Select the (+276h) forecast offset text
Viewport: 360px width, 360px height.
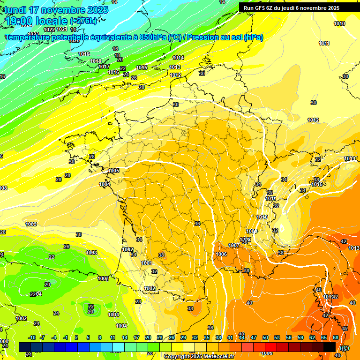pyautogui.click(x=84, y=21)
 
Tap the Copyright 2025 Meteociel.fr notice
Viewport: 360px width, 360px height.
pyautogui.click(x=199, y=356)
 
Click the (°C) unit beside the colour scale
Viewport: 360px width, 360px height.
pyautogui.click(x=345, y=348)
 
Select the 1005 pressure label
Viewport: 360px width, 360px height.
pyautogui.click(x=113, y=171)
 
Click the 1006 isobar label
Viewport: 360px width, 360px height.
pyautogui.click(x=221, y=254)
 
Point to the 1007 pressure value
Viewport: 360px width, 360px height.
pyautogui.click(x=234, y=245)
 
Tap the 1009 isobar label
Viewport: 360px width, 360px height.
pyautogui.click(x=252, y=231)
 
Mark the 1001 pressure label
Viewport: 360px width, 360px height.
pyautogui.click(x=147, y=263)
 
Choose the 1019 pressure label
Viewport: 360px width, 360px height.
pyautogui.click(x=84, y=54)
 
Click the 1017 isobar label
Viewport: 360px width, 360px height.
pyautogui.click(x=104, y=67)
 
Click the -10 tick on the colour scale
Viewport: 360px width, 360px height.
pyautogui.click(x=32, y=337)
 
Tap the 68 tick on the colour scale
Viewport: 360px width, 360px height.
pyautogui.click(x=336, y=337)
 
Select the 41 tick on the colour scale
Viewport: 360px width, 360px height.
pyautogui.click(x=230, y=337)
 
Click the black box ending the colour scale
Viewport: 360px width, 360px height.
pyautogui.click(x=330, y=347)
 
